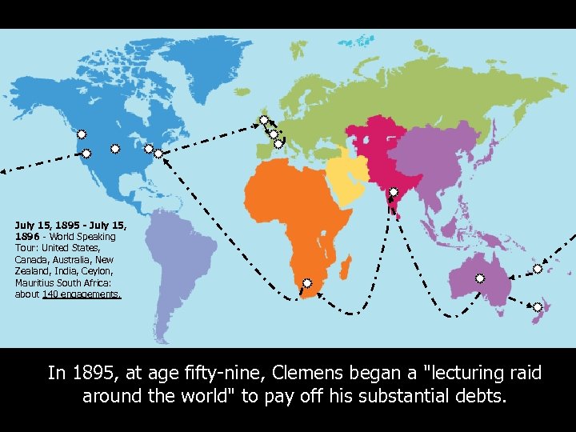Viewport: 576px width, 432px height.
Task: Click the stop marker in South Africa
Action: tap(307, 283)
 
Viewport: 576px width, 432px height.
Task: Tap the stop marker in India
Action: tap(394, 192)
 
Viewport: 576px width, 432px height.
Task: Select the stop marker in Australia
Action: tap(480, 278)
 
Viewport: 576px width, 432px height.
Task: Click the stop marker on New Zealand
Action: tap(538, 307)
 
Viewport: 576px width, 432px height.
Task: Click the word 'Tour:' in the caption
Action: tap(27, 248)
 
